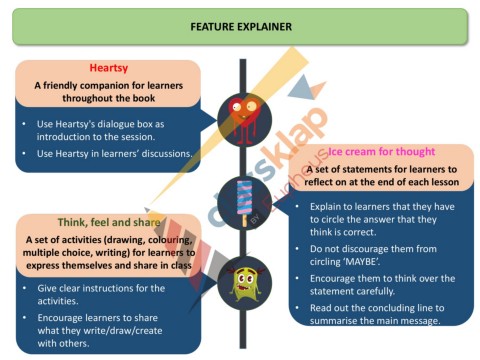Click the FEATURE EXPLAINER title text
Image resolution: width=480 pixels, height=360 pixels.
[240, 26]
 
